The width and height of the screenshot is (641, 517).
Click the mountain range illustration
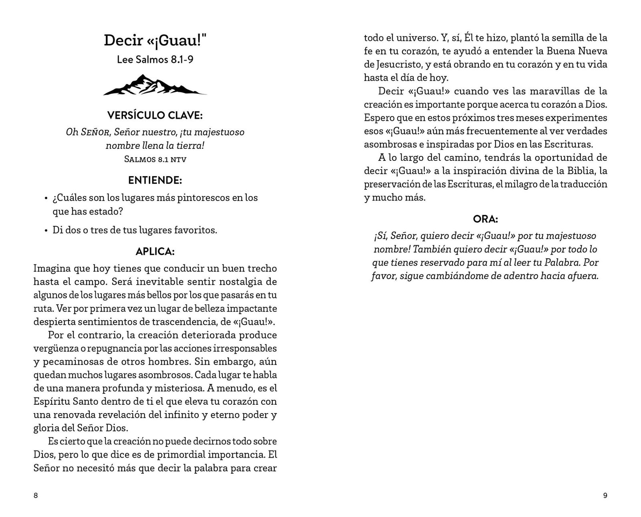[155, 85]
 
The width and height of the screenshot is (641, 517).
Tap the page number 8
[36, 496]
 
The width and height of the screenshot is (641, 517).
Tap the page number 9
[605, 496]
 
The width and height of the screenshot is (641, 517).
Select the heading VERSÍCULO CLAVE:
[155, 116]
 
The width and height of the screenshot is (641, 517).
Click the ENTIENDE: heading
[155, 180]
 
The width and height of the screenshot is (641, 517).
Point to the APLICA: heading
[155, 251]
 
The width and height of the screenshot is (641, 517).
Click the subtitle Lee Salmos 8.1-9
[155, 59]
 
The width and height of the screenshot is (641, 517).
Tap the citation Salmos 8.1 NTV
[155, 159]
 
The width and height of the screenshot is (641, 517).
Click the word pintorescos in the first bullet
[205, 198]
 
